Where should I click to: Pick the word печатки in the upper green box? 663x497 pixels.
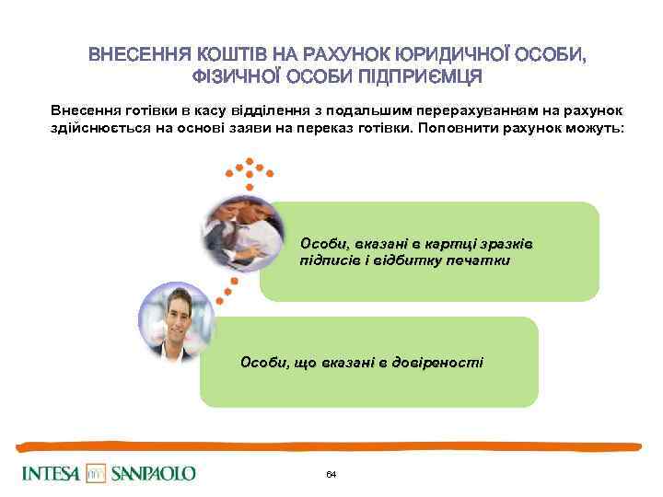[x=477, y=260]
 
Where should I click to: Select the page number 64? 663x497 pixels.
[x=331, y=474]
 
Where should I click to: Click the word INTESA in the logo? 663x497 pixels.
[x=51, y=474]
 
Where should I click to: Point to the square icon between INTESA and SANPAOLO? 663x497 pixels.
[x=97, y=474]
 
